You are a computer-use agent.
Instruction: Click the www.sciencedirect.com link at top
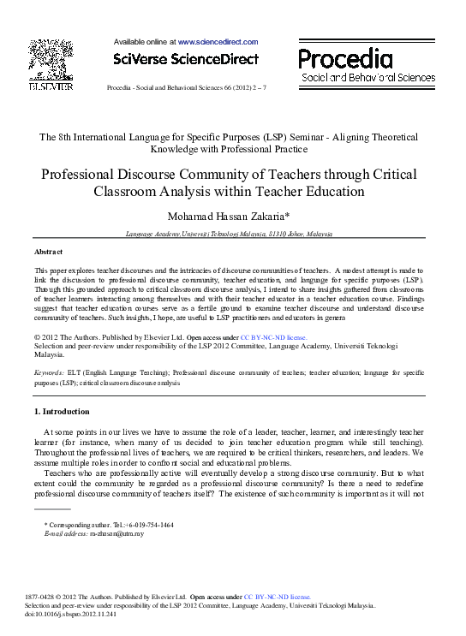pyautogui.click(x=218, y=41)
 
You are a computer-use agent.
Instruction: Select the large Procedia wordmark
pyautogui.click(x=345, y=58)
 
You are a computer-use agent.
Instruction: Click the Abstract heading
pyautogui.click(x=48, y=252)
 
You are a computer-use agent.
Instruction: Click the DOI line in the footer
pyautogui.click(x=68, y=614)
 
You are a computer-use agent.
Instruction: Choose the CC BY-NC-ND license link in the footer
pyautogui.click(x=278, y=596)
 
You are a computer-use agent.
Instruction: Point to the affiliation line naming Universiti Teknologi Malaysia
pyautogui.click(x=229, y=233)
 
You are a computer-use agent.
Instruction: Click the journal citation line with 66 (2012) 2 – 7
pyautogui.click(x=186, y=88)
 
